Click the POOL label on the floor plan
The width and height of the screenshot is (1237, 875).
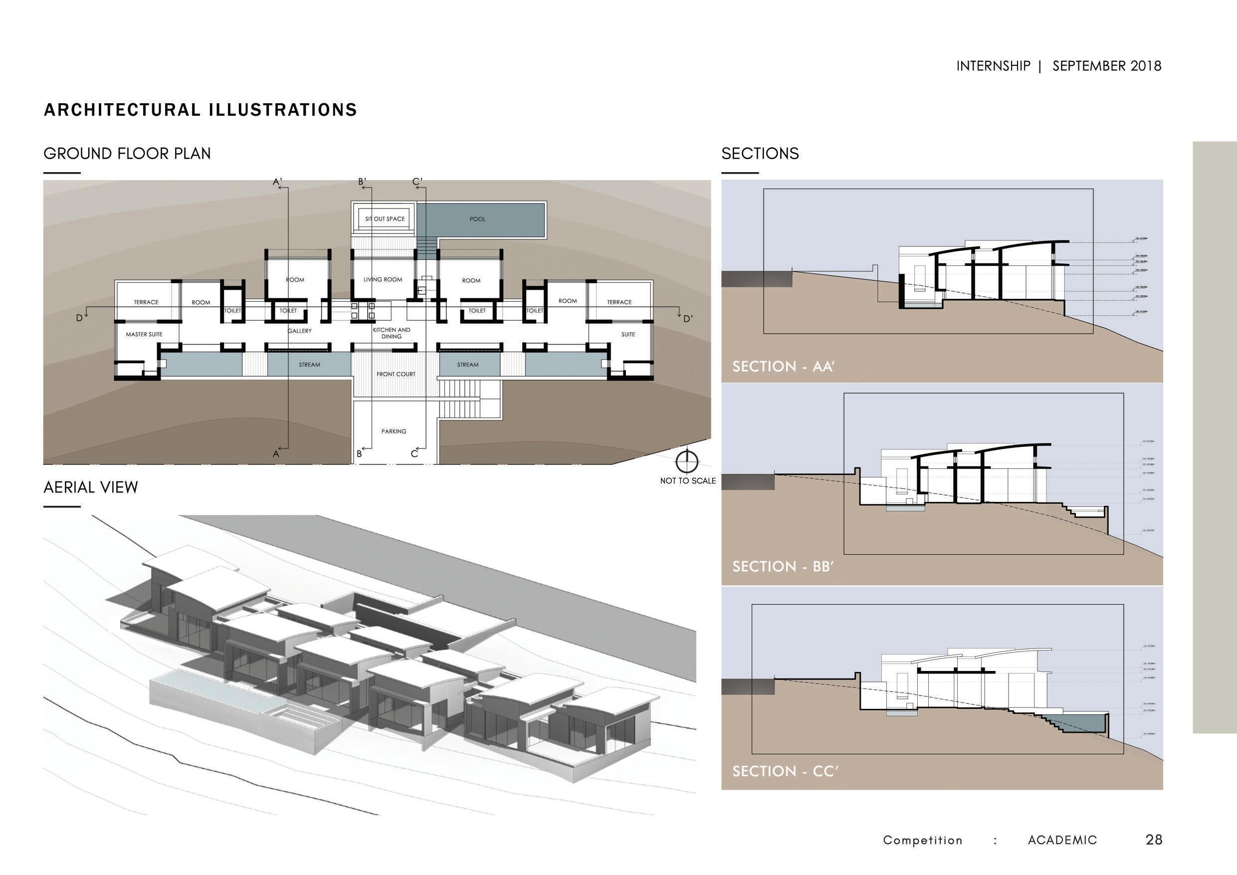[x=477, y=219]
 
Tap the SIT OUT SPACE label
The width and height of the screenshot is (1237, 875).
[x=385, y=219]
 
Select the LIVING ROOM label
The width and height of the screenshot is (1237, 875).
[x=383, y=280]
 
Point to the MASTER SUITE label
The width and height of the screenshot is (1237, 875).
[x=144, y=335]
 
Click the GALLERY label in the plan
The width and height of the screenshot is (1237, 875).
[x=300, y=331]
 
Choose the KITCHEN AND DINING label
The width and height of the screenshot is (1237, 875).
[x=392, y=333]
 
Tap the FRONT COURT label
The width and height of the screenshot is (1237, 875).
[x=396, y=374]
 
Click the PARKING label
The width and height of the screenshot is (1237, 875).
[x=394, y=432]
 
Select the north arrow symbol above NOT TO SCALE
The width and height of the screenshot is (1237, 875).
[x=687, y=461]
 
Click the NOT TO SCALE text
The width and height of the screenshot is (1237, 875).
[x=688, y=480]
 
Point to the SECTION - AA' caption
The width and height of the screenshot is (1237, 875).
[x=783, y=367]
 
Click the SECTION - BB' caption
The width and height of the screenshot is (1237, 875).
[x=783, y=567]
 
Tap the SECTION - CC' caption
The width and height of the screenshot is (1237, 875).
[x=785, y=772]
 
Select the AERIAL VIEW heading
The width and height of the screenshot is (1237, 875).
[x=90, y=487]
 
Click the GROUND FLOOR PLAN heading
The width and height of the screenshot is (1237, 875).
[x=127, y=154]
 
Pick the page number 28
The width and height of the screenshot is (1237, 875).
[x=1154, y=840]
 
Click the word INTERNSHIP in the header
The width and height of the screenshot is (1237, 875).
[x=993, y=66]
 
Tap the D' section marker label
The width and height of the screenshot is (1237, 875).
[x=687, y=319]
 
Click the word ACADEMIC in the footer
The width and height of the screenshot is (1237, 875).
[x=1062, y=840]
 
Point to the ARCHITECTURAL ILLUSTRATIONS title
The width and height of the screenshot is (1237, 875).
[x=201, y=110]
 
